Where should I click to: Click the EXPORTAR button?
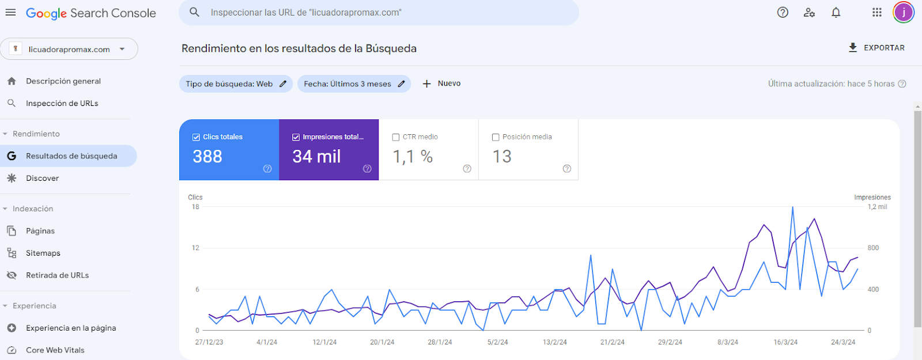click(x=876, y=48)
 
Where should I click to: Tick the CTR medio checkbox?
click(x=396, y=137)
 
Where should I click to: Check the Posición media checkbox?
click(x=496, y=137)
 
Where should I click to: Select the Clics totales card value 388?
click(x=207, y=157)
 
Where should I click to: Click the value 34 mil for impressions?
click(x=316, y=157)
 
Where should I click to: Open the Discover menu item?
click(x=42, y=178)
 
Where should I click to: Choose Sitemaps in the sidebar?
click(x=43, y=253)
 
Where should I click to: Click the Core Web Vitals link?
click(x=55, y=350)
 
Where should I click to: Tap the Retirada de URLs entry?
click(x=57, y=275)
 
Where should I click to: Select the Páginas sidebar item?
click(x=40, y=231)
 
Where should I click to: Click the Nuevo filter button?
click(x=441, y=84)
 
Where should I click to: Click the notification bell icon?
click(x=836, y=13)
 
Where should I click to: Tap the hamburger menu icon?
click(x=10, y=13)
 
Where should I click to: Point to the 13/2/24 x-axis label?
click(x=554, y=342)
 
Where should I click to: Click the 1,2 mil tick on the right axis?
click(x=877, y=207)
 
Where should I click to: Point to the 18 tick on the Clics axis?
click(x=195, y=207)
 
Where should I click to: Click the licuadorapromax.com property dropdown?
click(x=69, y=49)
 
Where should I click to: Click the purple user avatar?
click(x=903, y=13)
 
